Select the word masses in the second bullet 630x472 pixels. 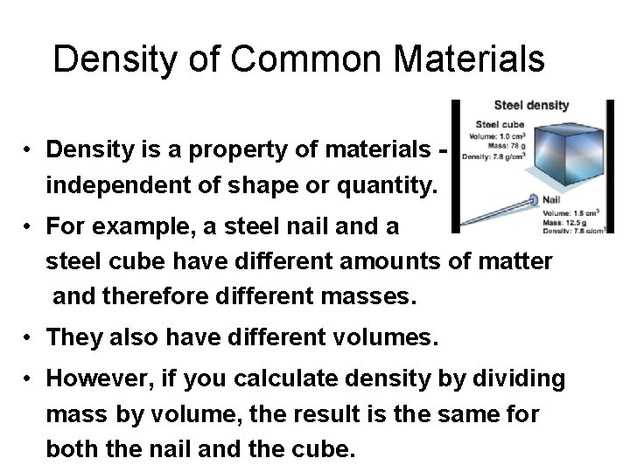click(x=360, y=296)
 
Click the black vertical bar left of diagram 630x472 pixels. click(x=454, y=166)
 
